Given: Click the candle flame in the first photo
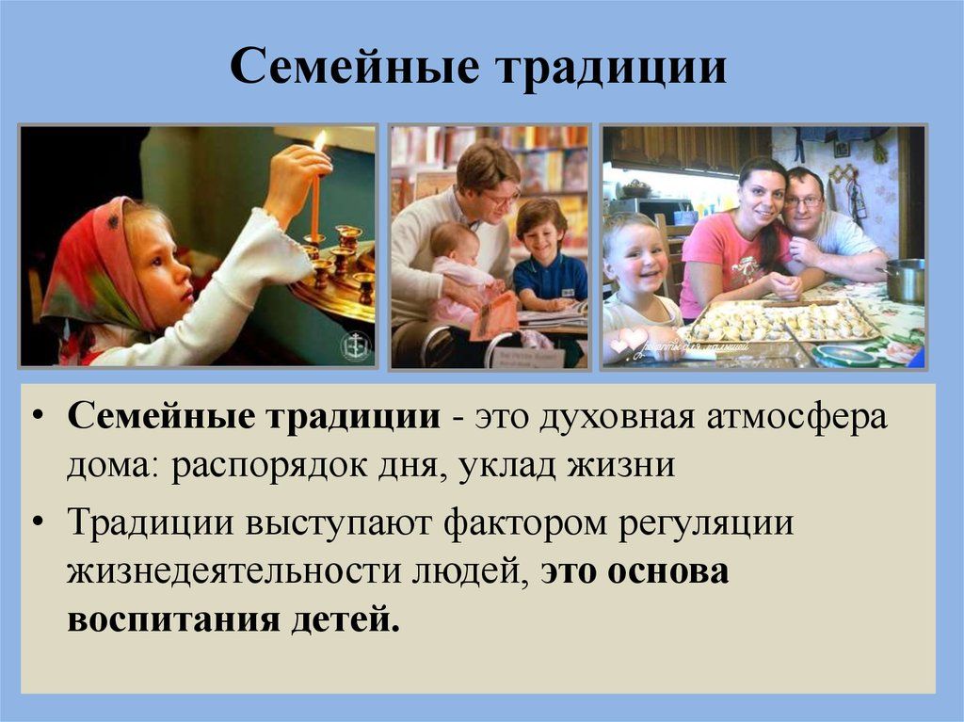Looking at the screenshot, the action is (320, 141).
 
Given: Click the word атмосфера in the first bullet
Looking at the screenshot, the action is (796, 418).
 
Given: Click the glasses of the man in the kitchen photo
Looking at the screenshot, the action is (803, 201).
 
